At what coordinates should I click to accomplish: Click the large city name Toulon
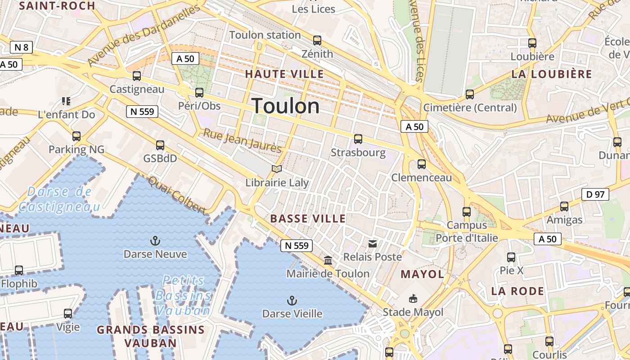point(286,106)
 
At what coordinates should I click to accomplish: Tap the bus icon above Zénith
point(317,40)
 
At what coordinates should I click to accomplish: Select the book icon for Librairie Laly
point(277,169)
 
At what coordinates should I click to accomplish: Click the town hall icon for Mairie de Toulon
point(328,261)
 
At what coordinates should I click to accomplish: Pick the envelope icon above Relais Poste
point(373,244)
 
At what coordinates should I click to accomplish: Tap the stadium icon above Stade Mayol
point(413,298)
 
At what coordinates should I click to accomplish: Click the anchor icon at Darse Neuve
point(155,241)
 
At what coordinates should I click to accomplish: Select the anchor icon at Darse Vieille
point(292,300)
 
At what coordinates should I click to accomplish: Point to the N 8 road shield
point(21,47)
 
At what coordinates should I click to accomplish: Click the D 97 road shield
point(595,194)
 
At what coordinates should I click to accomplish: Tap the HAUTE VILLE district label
point(284,74)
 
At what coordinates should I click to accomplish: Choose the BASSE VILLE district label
point(308,219)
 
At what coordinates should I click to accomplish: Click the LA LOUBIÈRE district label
point(552,74)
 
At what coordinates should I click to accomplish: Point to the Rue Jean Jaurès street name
point(242,140)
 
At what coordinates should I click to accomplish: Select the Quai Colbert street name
point(177,195)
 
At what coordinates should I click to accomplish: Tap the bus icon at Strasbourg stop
point(358,139)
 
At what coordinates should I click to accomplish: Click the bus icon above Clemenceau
point(422,164)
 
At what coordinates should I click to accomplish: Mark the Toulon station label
point(265,35)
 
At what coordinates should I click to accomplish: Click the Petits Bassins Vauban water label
point(183,295)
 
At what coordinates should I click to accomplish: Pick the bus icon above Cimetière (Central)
point(470,94)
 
